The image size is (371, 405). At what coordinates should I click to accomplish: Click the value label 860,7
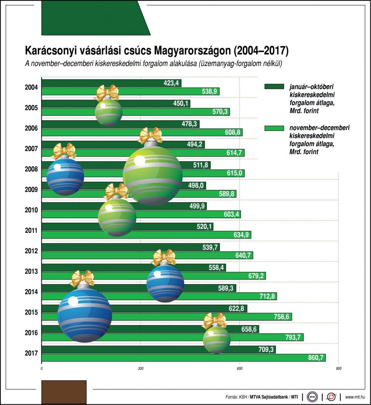point(314,358)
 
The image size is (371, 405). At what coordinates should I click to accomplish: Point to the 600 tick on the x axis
point(239,368)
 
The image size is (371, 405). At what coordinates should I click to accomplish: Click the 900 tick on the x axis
point(338,368)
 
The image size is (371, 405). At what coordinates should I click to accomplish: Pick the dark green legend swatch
point(274,87)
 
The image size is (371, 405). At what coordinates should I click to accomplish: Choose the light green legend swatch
point(274,128)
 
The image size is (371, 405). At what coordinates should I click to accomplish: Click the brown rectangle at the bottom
point(64,392)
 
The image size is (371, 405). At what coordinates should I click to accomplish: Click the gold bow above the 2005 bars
point(107,92)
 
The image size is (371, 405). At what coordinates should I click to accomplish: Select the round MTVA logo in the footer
point(313,397)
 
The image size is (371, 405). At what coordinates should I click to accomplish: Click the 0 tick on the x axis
point(42,368)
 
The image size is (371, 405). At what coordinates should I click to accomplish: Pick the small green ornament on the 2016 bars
point(216,339)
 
